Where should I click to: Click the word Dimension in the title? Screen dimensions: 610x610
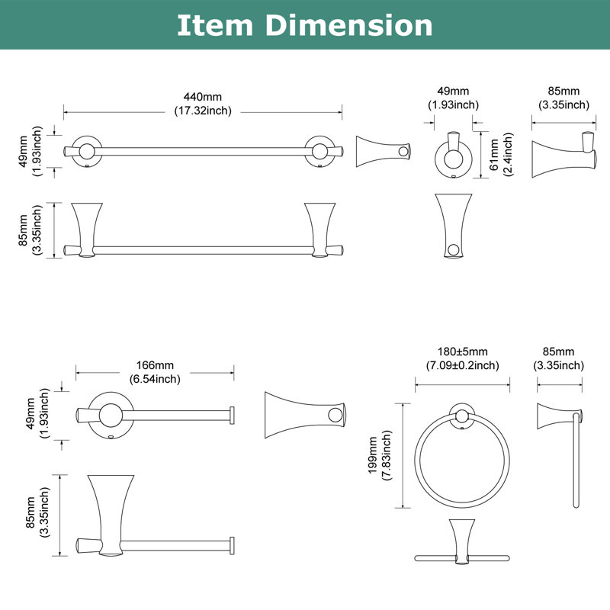(348, 25)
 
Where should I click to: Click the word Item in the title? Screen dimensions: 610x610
(215, 25)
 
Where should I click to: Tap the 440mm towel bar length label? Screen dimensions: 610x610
(203, 97)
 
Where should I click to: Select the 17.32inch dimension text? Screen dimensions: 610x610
(203, 111)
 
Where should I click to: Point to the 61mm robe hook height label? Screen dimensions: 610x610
(494, 155)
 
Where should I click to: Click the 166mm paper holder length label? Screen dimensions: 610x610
(155, 365)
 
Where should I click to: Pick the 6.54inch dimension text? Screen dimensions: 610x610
(155, 379)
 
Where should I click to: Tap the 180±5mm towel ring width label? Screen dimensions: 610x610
(463, 352)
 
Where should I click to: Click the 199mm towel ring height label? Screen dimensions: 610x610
(373, 455)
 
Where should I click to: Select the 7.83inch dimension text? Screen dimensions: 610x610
(387, 455)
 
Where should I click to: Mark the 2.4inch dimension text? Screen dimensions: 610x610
(508, 155)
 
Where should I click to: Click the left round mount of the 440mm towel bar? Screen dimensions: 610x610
(87, 151)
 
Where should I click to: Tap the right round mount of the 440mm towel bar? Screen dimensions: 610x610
(319, 151)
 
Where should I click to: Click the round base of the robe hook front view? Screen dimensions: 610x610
(453, 159)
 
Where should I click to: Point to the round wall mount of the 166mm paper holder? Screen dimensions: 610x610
(111, 415)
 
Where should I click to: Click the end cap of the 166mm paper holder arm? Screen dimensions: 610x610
(233, 415)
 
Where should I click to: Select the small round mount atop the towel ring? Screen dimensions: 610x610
(462, 416)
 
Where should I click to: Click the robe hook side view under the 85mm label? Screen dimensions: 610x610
(564, 155)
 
